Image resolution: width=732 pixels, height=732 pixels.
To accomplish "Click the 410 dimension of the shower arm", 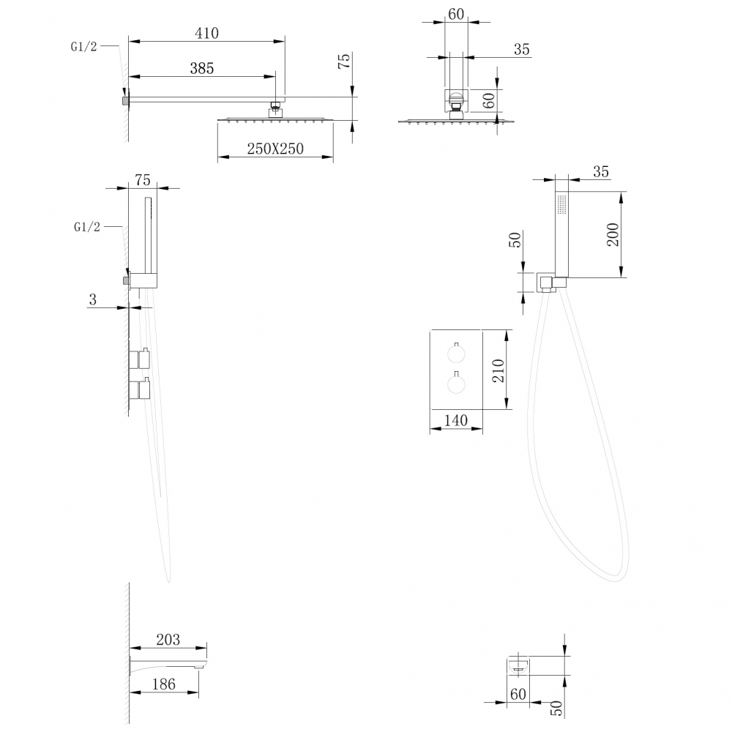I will click(207, 33).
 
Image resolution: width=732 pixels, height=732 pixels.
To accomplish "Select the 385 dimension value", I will click(201, 68).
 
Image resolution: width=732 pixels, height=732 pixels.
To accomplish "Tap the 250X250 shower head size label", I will click(275, 149).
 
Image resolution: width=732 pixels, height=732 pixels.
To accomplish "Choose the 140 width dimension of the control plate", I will click(455, 420).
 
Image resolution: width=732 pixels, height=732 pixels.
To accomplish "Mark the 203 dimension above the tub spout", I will click(168, 640).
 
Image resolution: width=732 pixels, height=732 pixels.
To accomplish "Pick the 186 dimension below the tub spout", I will click(163, 684).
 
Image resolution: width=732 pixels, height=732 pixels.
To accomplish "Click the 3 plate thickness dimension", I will click(93, 299).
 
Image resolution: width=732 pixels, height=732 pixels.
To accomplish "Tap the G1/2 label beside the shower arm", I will click(83, 46).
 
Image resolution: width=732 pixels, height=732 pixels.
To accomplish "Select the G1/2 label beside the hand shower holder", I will click(86, 227).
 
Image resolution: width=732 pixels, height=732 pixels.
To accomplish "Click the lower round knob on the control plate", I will click(455, 385).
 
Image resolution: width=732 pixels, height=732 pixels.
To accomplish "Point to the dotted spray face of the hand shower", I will click(562, 204).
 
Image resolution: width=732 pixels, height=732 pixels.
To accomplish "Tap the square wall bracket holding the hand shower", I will click(545, 283).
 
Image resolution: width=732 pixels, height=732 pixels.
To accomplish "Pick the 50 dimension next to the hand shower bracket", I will click(515, 239).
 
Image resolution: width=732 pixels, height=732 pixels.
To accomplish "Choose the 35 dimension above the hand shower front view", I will click(600, 172).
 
